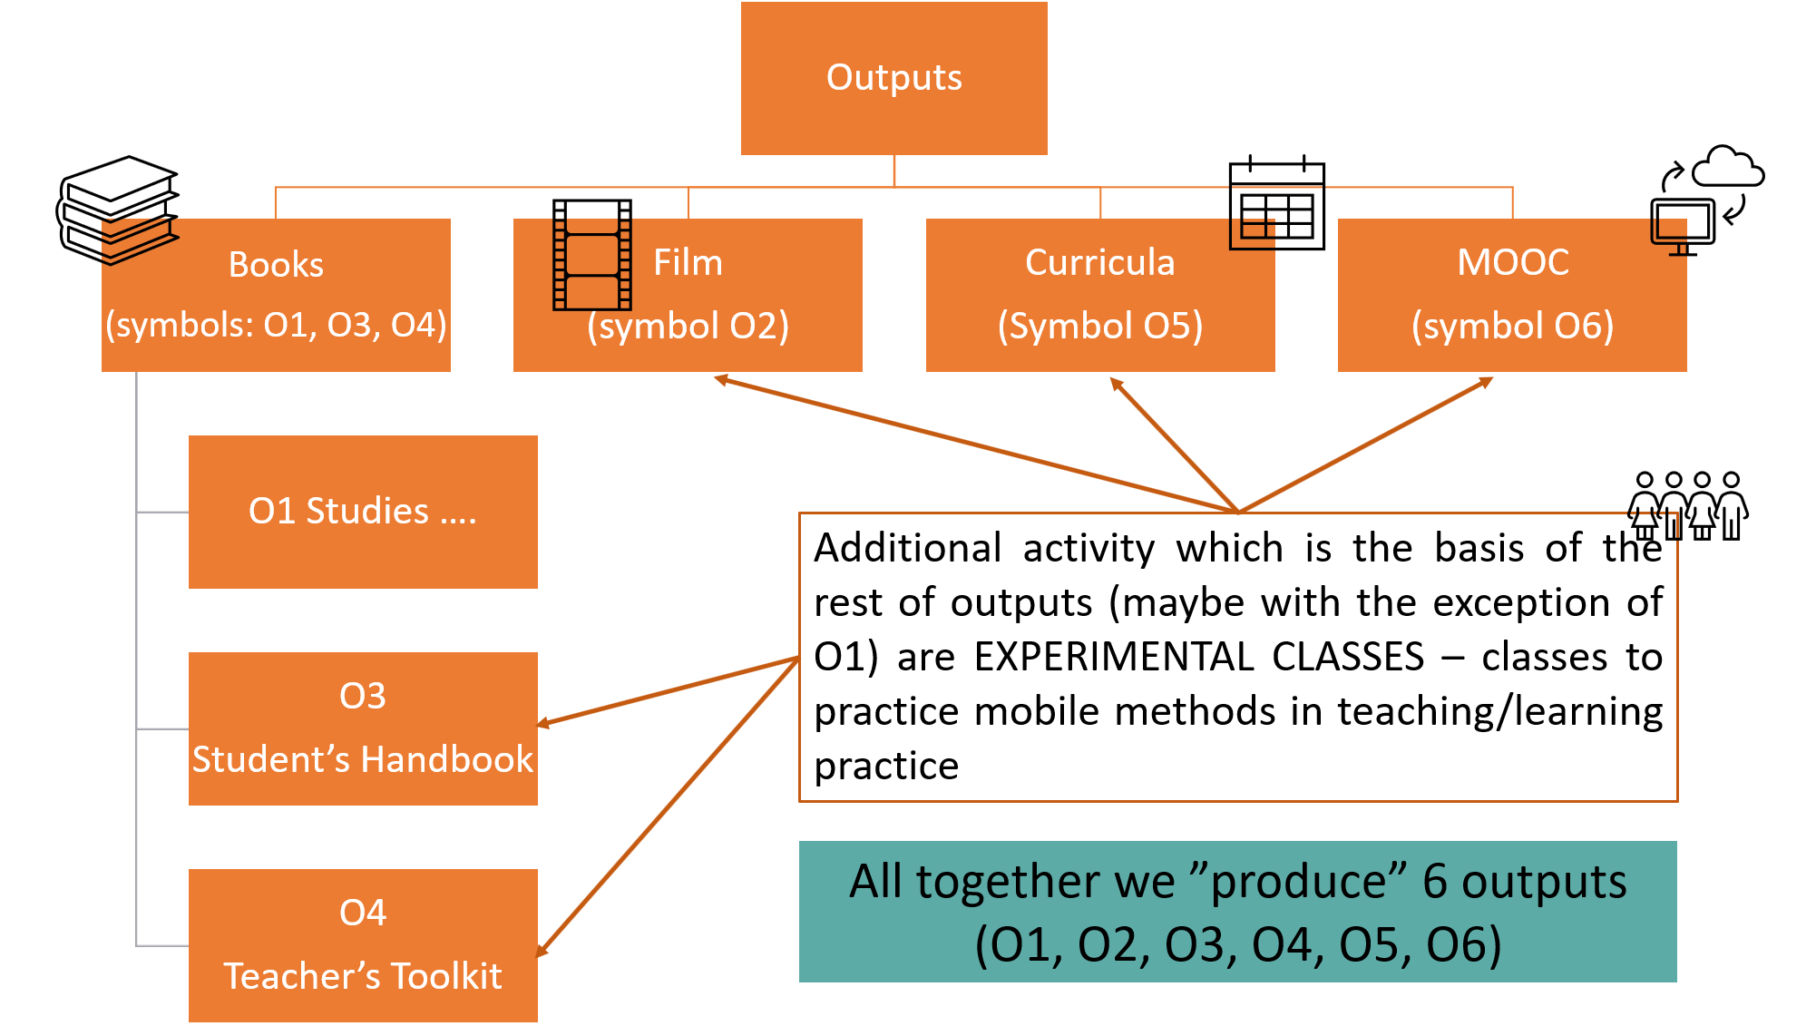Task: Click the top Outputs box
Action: pos(893,78)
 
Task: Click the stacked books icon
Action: pos(118,210)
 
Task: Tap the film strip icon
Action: pos(592,255)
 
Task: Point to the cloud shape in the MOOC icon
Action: pos(1728,166)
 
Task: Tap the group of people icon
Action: pos(1687,505)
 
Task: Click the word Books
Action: pos(276,264)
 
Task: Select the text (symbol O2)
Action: pos(688,326)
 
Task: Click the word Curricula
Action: pos(1099,262)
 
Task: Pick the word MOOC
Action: pos(1512,262)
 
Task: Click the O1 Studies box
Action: pos(363,512)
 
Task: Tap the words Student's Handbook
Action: pos(363,759)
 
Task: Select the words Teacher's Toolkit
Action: pos(363,976)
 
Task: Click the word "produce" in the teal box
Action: pos(1309,882)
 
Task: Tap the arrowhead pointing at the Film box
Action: pos(722,379)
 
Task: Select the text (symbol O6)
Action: pos(1512,326)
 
